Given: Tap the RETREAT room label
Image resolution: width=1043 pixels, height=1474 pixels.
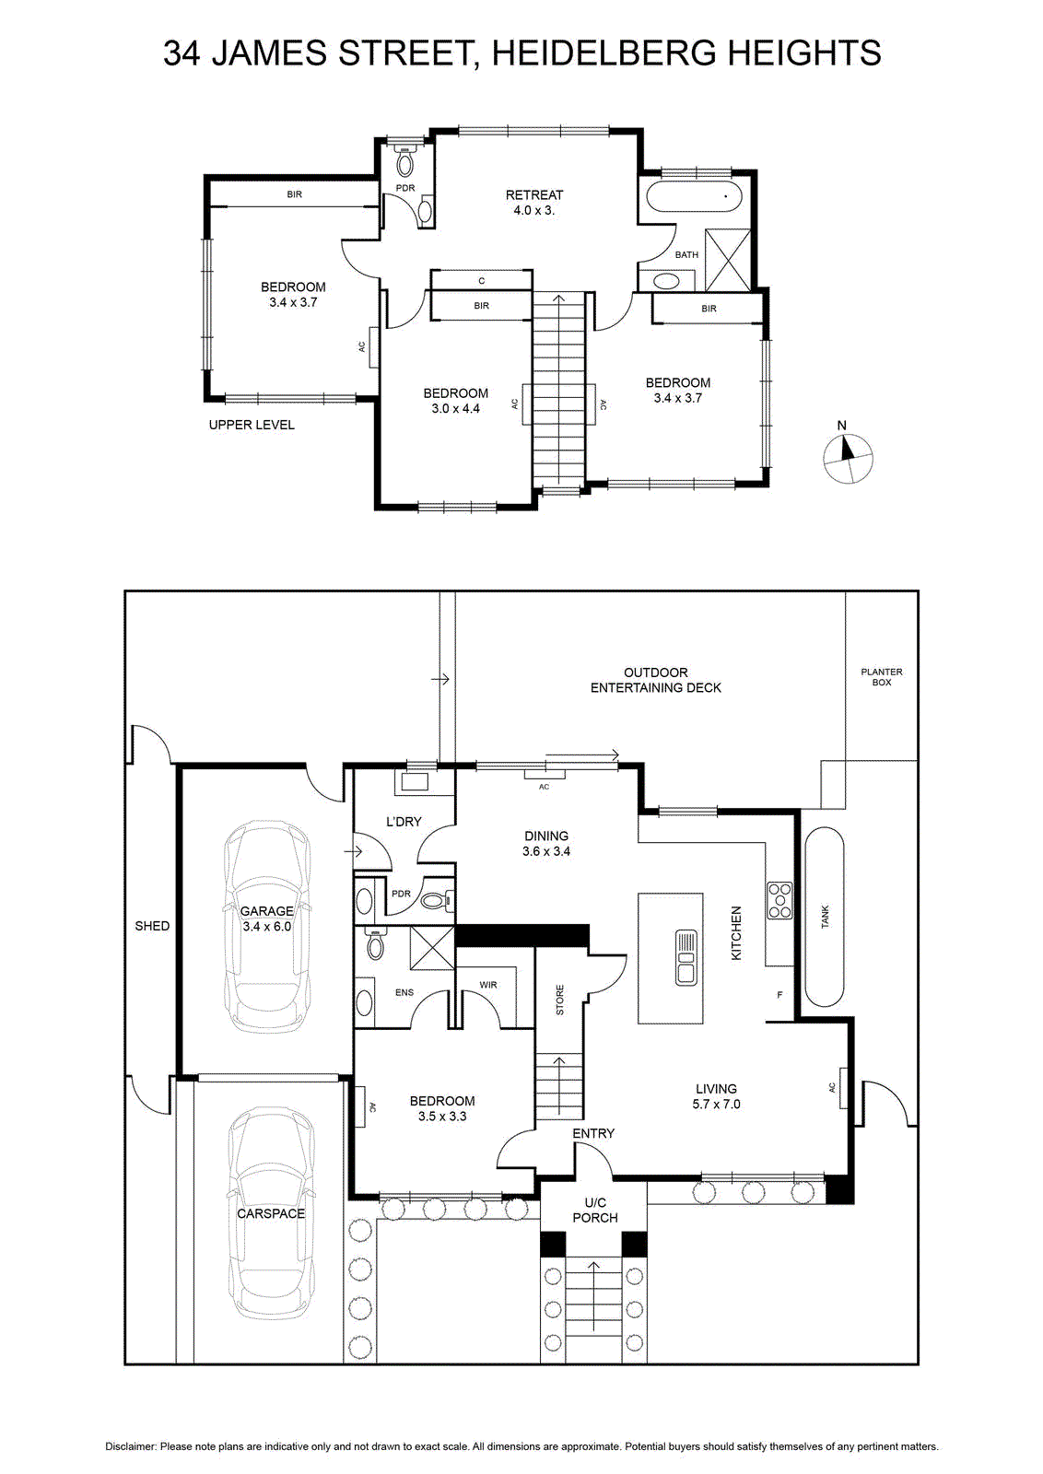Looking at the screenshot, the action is click(x=534, y=194).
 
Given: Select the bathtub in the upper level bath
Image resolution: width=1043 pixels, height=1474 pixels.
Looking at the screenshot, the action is click(x=695, y=197).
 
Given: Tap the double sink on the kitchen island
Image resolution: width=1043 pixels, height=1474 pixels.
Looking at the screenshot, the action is click(x=686, y=957).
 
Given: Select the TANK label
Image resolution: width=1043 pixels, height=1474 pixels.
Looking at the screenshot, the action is click(x=826, y=917).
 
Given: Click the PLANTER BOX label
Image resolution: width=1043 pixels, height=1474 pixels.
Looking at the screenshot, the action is click(x=882, y=677).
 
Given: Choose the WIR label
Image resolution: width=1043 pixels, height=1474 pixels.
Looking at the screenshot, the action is click(x=488, y=985).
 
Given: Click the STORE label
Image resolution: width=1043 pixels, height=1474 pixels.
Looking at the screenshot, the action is click(x=560, y=1000).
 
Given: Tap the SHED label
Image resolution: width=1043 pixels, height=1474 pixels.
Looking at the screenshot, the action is click(x=152, y=926).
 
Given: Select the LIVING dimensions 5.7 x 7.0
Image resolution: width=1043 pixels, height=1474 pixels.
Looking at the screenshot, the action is click(x=716, y=1105).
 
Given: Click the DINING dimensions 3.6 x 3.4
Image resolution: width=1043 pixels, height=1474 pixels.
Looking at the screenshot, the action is click(x=546, y=851).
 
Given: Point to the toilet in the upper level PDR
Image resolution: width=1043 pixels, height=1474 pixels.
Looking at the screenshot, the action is click(x=405, y=159).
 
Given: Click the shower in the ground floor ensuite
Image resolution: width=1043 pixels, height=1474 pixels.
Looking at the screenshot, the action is click(x=432, y=948).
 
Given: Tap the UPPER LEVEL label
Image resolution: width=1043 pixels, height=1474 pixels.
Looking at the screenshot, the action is click(x=252, y=425).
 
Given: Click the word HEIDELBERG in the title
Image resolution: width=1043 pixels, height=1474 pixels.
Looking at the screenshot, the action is click(x=603, y=53).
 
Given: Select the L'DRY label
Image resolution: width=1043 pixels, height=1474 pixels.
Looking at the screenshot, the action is click(x=404, y=821).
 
